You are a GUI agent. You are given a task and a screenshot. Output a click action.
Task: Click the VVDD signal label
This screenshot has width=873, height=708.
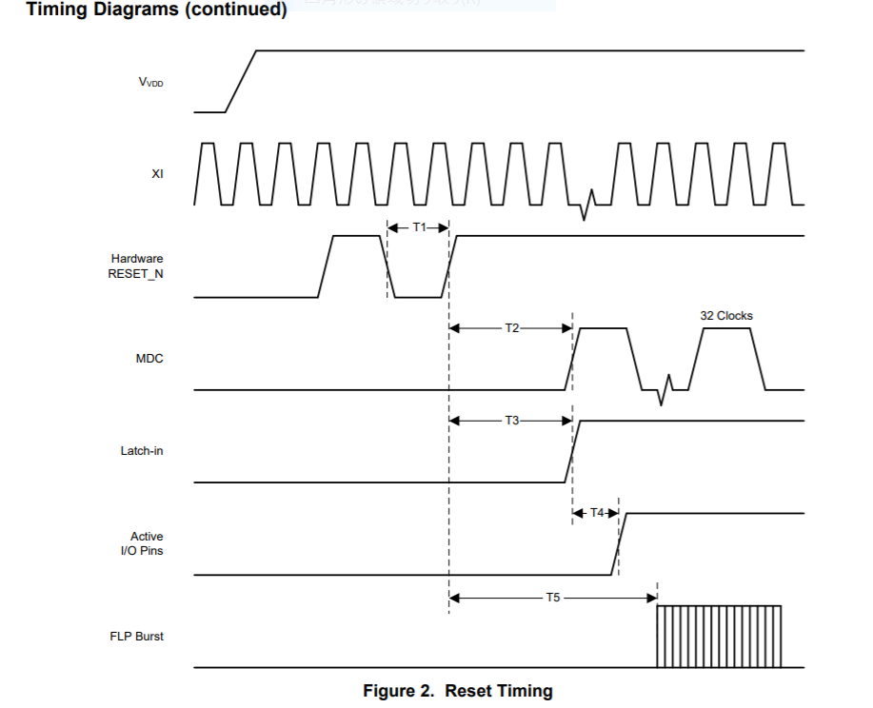(x=150, y=82)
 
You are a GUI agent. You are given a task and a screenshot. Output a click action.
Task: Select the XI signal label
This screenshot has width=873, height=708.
(x=157, y=174)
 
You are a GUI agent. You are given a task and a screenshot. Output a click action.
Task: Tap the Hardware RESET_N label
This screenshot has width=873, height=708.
(x=137, y=266)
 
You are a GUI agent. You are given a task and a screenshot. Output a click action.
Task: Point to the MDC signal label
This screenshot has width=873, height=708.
(x=149, y=360)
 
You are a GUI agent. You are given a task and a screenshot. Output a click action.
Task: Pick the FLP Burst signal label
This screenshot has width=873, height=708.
(x=136, y=636)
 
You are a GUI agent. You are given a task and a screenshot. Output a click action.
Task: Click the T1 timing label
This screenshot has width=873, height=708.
(x=419, y=227)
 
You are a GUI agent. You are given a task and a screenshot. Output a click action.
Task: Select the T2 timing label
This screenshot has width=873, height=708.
(x=511, y=328)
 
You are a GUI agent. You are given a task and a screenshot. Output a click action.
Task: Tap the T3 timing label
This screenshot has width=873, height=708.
(x=511, y=421)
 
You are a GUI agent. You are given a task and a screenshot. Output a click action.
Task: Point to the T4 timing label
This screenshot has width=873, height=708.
(x=597, y=513)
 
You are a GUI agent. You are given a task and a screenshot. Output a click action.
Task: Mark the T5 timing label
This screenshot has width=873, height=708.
(x=552, y=599)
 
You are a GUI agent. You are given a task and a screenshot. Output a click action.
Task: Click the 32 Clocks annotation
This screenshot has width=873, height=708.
(x=726, y=315)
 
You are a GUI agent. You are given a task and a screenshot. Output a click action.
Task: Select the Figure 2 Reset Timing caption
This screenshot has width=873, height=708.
(x=457, y=691)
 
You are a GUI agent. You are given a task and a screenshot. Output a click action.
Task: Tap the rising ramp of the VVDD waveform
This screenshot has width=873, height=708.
(x=242, y=81)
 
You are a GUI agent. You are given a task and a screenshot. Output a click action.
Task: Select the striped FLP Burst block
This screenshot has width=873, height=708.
(x=719, y=636)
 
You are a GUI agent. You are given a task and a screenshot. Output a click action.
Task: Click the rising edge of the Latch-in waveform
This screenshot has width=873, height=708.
(x=572, y=451)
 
